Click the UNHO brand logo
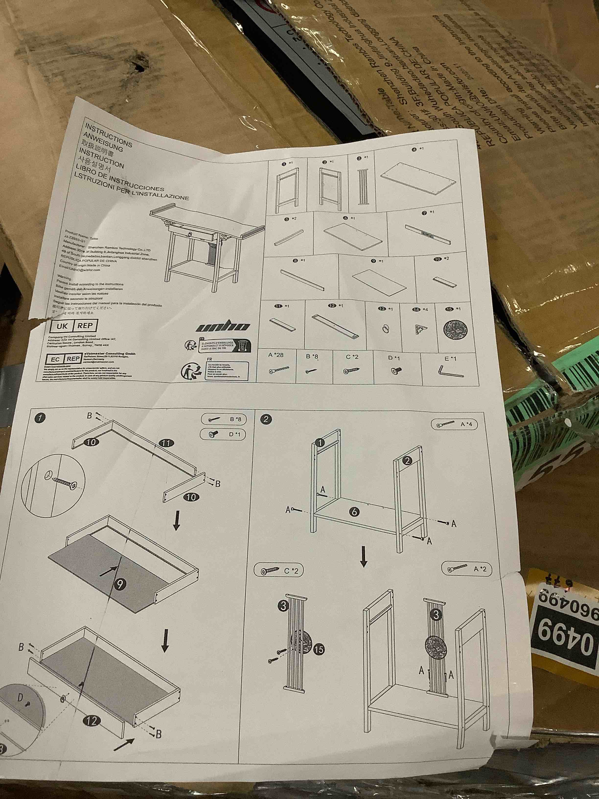coord(222,327)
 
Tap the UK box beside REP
coord(62,326)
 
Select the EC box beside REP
coord(55,359)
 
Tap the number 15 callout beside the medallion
coord(319,649)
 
